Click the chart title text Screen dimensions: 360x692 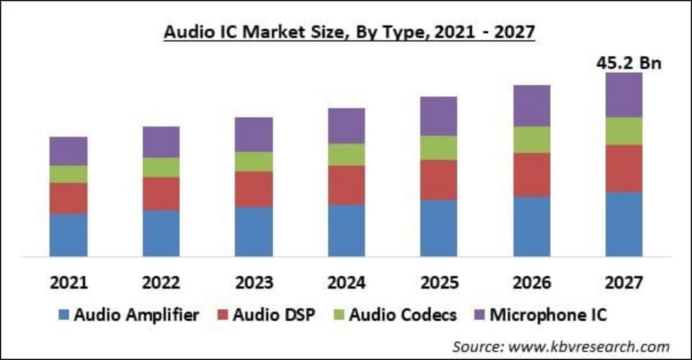[x=349, y=33]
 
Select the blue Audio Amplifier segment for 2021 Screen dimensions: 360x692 [x=69, y=235]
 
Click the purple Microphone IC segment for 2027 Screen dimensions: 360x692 [x=623, y=95]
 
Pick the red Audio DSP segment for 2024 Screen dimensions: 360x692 [x=347, y=185]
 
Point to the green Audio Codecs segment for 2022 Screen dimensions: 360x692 [x=161, y=167]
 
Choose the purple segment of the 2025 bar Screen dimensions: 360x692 [x=439, y=116]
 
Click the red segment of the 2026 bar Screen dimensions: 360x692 [x=532, y=174]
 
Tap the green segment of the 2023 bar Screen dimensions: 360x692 [x=254, y=161]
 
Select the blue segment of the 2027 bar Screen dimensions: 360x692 [x=623, y=224]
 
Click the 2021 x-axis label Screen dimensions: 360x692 [x=69, y=283]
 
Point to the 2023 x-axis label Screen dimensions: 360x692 [x=254, y=283]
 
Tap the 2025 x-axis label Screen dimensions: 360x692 [x=439, y=283]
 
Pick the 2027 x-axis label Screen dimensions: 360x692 [x=623, y=283]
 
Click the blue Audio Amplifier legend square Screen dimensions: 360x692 [x=63, y=315]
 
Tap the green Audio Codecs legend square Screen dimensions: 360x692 [x=339, y=315]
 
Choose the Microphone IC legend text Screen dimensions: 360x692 [x=548, y=315]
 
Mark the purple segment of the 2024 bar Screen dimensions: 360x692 [x=347, y=126]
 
